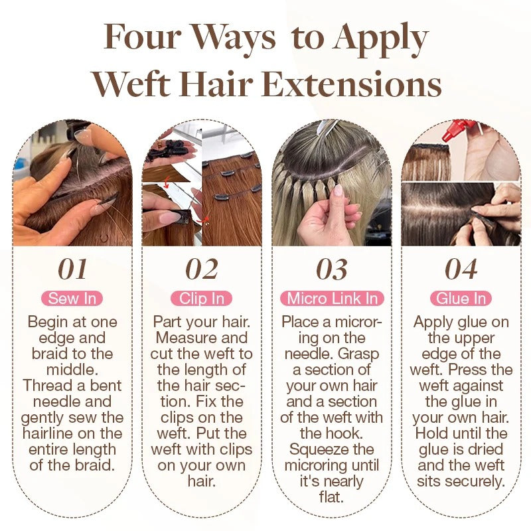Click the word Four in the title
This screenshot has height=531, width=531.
pos(142,37)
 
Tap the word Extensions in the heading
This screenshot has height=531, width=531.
pos(352,84)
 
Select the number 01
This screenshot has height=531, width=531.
pos(72,269)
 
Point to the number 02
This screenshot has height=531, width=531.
pos(202,269)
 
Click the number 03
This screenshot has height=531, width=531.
pos(332,269)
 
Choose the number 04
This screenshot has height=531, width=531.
pos(461,269)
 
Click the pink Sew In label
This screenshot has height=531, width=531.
pos(72,299)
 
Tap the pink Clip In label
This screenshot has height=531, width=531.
pos(202,299)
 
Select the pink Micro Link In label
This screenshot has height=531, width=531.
pos(332,299)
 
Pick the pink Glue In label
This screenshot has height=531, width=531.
pos(461,299)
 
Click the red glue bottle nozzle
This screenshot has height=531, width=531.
pos(453,130)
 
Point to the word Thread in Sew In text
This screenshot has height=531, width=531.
pos(44,386)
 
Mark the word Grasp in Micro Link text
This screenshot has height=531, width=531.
pos(358,354)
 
